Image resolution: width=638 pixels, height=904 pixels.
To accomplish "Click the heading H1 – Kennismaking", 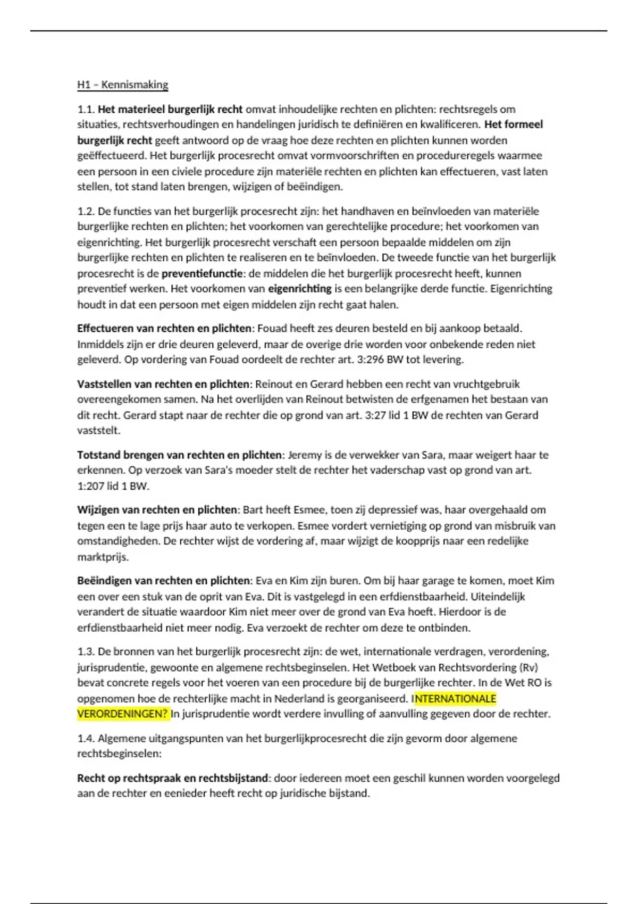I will pyautogui.click(x=122, y=85).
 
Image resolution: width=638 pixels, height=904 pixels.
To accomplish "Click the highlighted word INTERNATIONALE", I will pyautogui.click(x=455, y=698).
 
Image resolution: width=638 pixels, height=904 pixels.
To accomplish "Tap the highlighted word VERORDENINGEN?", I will pyautogui.click(x=123, y=714).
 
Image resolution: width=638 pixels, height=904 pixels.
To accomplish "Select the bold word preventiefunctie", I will pyautogui.click(x=203, y=273).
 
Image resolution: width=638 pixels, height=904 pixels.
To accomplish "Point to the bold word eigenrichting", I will pyautogui.click(x=300, y=289).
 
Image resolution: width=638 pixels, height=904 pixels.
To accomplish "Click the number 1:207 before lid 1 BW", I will pyautogui.click(x=92, y=486).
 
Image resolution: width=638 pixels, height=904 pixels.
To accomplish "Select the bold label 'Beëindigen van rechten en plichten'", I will pyautogui.click(x=164, y=581).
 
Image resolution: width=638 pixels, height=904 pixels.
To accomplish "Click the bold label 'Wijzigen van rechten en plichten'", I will pyautogui.click(x=157, y=510).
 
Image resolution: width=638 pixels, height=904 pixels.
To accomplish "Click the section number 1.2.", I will pyautogui.click(x=86, y=211).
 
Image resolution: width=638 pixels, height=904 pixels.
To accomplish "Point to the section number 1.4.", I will pyautogui.click(x=86, y=738).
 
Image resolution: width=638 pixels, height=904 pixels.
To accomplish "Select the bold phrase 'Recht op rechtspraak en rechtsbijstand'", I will pyautogui.click(x=173, y=778).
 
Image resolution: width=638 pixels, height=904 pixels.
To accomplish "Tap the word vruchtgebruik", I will pyautogui.click(x=483, y=384).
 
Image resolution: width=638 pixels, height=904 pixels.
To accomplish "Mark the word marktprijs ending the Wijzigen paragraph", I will pyautogui.click(x=102, y=557).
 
